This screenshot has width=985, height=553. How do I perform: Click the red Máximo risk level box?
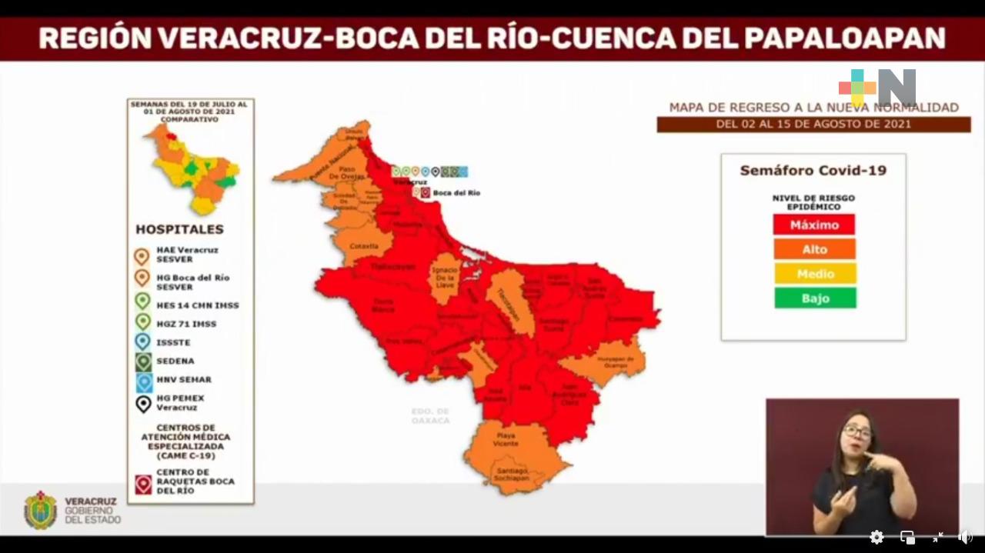[x=813, y=225]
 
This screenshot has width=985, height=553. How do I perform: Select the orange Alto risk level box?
[x=814, y=249]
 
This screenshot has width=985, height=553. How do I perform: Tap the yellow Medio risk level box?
[x=815, y=274]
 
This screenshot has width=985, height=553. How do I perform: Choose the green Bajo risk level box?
[x=815, y=298]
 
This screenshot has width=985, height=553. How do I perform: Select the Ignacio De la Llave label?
[x=444, y=277]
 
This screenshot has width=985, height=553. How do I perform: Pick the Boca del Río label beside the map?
[x=456, y=193]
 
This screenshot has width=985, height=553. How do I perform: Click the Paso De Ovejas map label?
[x=349, y=173]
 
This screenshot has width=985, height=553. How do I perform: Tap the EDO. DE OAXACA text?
[x=430, y=416]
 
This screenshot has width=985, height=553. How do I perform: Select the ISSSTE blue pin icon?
[x=142, y=341]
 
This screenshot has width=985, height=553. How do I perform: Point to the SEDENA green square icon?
[x=143, y=361]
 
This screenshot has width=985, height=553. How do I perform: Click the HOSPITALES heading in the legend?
[x=179, y=229]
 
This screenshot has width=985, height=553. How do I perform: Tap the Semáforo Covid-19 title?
[x=813, y=171]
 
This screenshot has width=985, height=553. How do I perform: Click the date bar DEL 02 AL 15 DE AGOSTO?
[x=813, y=124]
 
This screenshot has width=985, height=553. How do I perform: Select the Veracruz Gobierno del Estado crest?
[x=40, y=511]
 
